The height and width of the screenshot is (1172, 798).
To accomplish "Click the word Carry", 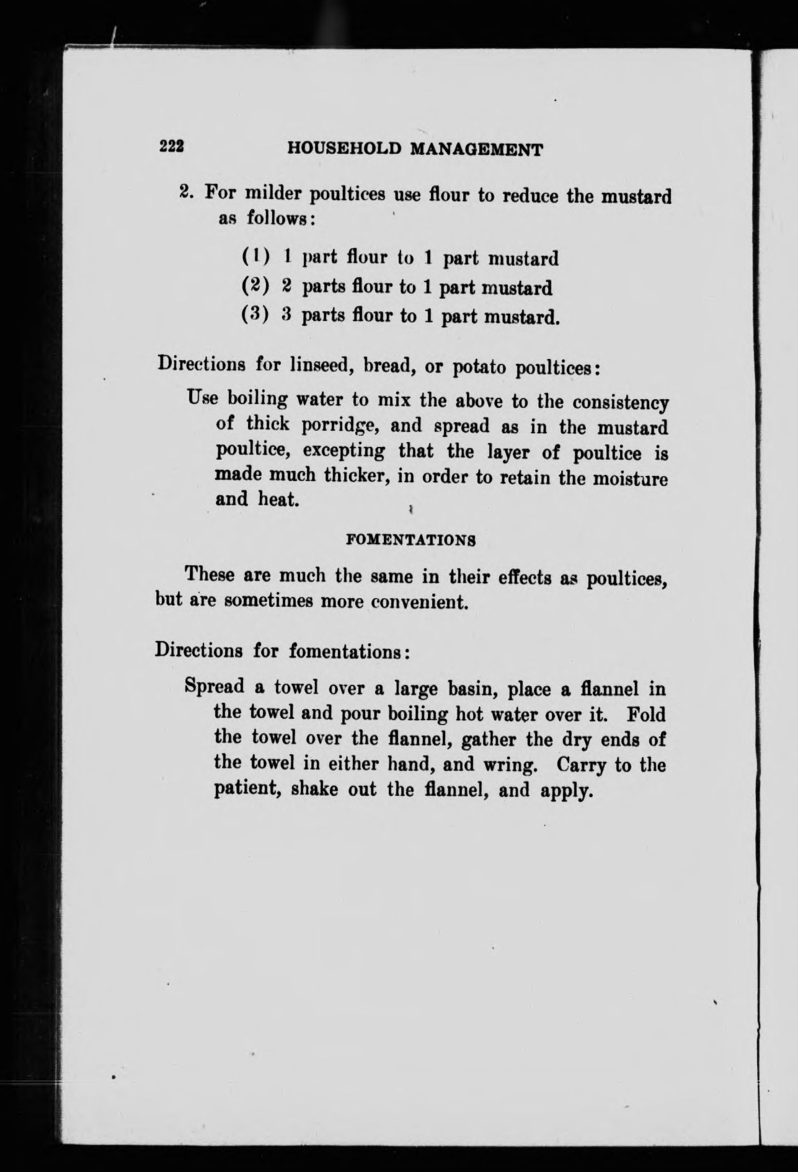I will [580, 765].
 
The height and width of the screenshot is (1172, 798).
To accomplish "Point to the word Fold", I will [646, 714].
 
